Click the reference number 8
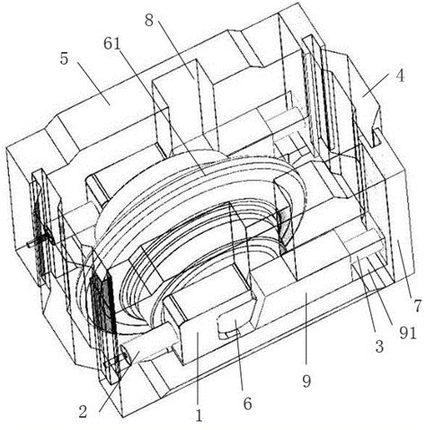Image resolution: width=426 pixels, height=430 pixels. point(149,21)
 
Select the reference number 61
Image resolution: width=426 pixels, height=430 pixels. point(112,44)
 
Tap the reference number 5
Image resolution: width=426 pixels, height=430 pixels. point(64,58)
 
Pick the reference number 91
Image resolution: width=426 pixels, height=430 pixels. point(407,333)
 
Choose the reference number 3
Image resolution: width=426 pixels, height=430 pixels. point(379,346)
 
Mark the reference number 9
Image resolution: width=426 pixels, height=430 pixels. point(306,381)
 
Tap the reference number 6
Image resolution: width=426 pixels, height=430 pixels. point(247,404)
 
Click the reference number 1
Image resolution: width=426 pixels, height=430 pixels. point(199,416)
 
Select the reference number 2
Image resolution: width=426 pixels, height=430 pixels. point(83,411)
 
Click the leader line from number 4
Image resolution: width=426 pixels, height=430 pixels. point(377,85)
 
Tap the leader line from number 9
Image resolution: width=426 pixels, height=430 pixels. point(306,333)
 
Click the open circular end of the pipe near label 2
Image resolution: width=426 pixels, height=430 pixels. point(126,354)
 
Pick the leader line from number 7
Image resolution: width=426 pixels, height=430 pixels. point(406,268)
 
